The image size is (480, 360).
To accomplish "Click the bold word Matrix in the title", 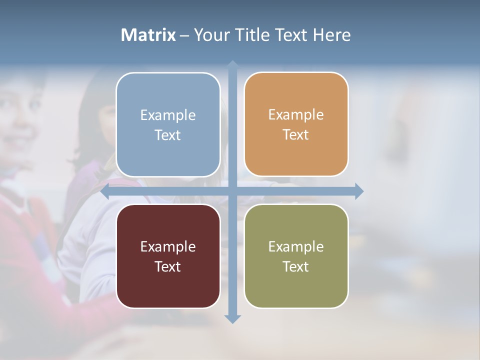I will [148, 35].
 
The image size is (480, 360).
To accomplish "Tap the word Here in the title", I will [331, 35].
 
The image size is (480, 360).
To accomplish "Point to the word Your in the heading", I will [211, 35].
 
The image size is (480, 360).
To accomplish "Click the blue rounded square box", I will [168, 125].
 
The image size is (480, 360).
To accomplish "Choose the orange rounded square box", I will [296, 124].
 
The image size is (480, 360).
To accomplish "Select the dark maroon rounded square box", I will [168, 256].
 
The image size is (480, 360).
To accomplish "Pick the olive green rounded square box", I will [296, 256].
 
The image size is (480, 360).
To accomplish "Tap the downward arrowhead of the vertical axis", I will [232, 318].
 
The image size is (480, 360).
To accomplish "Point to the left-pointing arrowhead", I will [105, 191].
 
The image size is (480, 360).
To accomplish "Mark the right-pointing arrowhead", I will [359, 191].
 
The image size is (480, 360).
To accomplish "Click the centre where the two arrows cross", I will [232, 191].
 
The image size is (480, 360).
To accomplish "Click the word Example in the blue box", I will [168, 115].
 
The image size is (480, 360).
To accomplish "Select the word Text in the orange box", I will [296, 135].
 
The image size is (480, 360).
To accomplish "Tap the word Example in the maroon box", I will [168, 246].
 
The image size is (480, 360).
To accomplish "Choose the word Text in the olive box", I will [296, 266].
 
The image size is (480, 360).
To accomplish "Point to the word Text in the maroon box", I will [168, 266].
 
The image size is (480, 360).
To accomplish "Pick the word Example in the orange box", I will [296, 115].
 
